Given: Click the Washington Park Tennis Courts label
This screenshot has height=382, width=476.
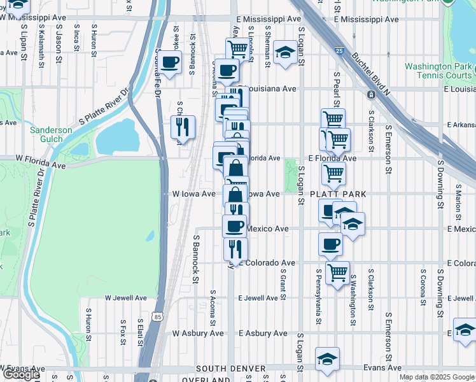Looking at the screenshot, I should click(438, 71).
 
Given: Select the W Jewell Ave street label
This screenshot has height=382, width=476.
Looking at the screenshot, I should click(125, 297).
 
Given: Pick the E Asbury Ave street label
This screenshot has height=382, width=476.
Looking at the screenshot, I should click(262, 333).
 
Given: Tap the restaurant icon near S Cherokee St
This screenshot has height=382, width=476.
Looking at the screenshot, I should click(183, 127).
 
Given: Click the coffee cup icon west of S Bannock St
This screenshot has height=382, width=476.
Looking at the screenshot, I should click(169, 62).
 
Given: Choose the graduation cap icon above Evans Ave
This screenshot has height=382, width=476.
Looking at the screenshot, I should click(327, 358).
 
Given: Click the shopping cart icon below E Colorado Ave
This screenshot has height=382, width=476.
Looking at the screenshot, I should click(337, 272).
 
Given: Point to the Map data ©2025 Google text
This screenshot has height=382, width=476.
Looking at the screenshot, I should click(436, 377).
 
